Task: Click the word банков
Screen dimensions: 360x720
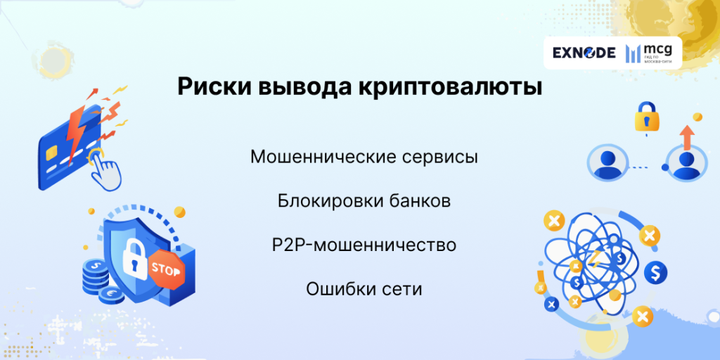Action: pos(419,201)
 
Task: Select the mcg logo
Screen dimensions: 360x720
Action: pos(648,52)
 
